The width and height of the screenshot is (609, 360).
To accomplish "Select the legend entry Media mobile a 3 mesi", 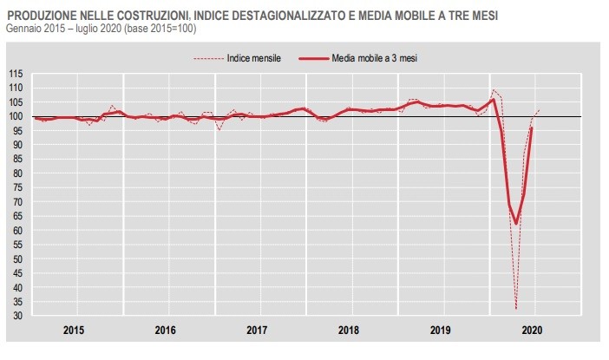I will pos(376,58).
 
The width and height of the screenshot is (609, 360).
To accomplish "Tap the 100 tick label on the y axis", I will pos(16,116).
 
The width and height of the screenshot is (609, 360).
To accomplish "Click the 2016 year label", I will pos(166,331).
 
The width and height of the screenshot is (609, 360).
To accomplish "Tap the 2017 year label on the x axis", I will pos(257,331).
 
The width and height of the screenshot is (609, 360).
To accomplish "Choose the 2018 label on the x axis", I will pos(348,331).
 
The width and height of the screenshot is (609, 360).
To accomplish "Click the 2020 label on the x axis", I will pos(534,331).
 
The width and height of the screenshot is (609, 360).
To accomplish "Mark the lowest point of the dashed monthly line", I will pos(516,309).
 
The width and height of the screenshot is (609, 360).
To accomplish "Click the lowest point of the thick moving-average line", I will pos(516,224).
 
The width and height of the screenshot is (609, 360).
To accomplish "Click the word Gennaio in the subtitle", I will pos(26,29).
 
